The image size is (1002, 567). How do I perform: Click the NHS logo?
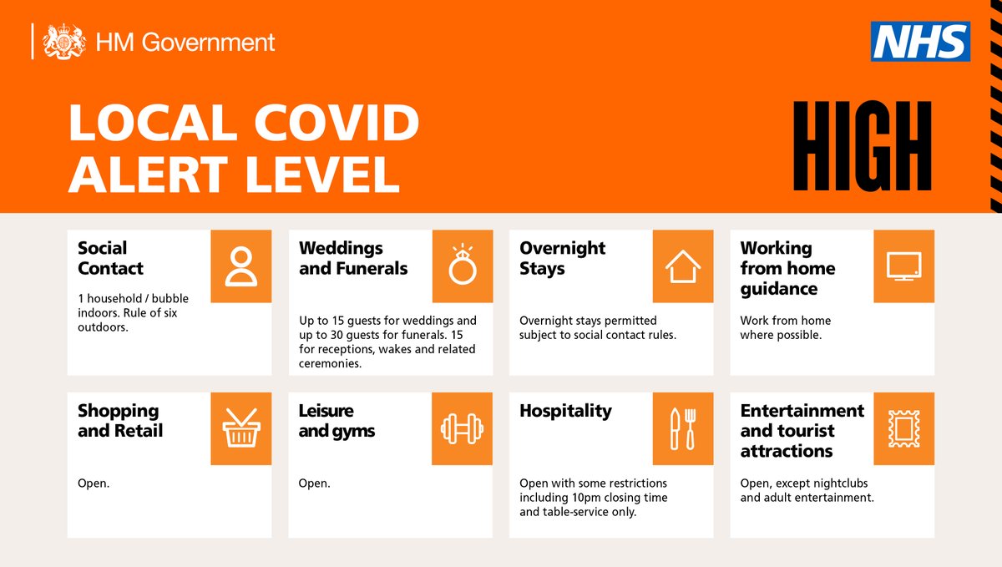tap(920, 42)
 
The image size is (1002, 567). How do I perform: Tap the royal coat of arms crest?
tap(64, 42)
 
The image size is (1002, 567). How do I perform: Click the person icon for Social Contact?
tap(240, 266)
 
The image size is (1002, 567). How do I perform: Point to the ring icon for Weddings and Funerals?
tap(462, 266)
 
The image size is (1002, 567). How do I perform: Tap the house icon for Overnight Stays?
tap(683, 266)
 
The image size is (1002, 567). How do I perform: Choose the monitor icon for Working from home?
tap(903, 266)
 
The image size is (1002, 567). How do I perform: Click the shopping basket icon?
tap(240, 428)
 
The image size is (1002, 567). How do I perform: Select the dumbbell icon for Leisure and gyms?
tap(462, 428)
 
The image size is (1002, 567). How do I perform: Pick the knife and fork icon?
tap(683, 428)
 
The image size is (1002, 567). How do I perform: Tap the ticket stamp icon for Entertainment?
tap(903, 428)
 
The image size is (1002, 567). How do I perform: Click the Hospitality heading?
tap(565, 411)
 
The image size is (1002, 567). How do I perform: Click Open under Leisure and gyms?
tap(314, 483)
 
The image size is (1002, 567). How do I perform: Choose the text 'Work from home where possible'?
tap(785, 327)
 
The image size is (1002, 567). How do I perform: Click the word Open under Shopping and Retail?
tap(93, 483)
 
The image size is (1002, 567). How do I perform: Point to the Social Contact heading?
tap(110, 258)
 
